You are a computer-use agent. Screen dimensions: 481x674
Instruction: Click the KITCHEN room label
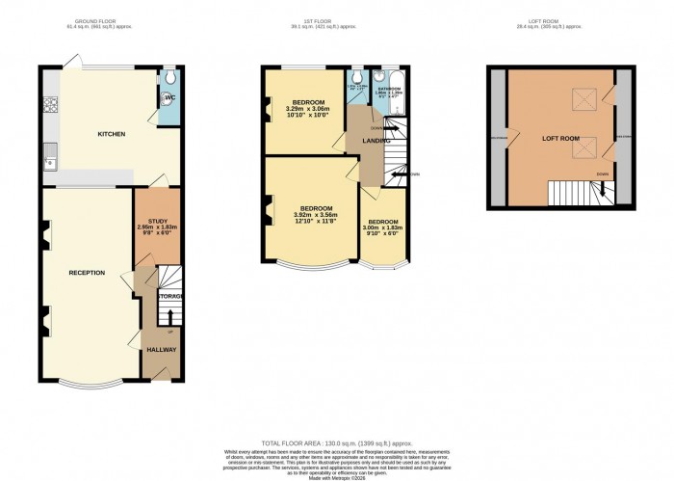click(x=111, y=134)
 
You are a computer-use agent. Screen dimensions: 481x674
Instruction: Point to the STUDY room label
click(x=158, y=221)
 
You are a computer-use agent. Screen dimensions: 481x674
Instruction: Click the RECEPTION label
click(x=87, y=273)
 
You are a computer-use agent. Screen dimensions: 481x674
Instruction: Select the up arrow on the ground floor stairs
click(x=171, y=315)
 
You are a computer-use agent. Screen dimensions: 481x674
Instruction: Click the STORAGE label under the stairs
click(x=170, y=296)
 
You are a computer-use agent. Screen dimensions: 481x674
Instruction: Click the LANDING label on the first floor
click(x=375, y=142)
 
